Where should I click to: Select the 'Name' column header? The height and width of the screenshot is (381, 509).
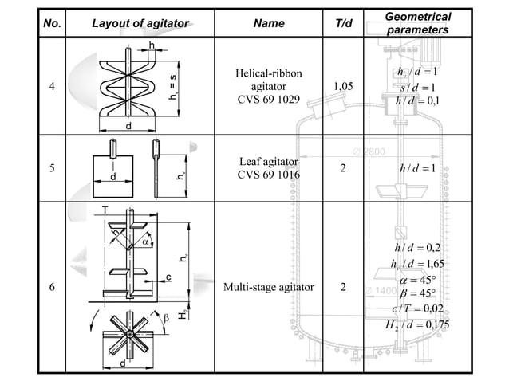(268, 23)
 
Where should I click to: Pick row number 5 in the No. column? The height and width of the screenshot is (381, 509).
(52, 169)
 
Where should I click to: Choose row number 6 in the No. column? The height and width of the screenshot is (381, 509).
(52, 288)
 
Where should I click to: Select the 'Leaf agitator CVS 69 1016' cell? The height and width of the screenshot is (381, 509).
(268, 168)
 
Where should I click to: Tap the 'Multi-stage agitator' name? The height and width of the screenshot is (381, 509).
(268, 288)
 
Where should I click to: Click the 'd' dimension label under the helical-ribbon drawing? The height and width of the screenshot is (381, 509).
(128, 127)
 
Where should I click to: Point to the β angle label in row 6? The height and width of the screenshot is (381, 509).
(167, 318)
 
